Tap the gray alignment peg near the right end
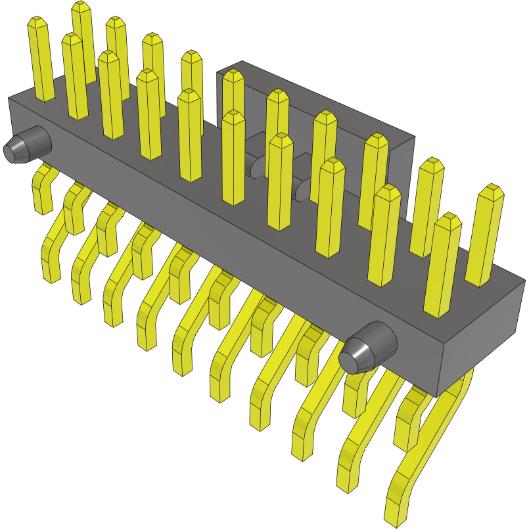click(x=368, y=346)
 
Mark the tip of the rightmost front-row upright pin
click(x=448, y=221)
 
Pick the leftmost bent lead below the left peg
click(x=43, y=191)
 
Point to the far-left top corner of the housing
click(x=9, y=99)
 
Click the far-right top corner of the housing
click(x=524, y=281)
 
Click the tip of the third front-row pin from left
click(x=109, y=58)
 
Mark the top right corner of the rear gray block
click(x=415, y=137)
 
